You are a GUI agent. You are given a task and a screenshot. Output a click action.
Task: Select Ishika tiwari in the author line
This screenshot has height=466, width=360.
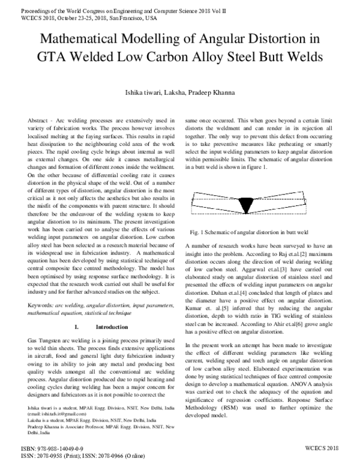tap(140, 92)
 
